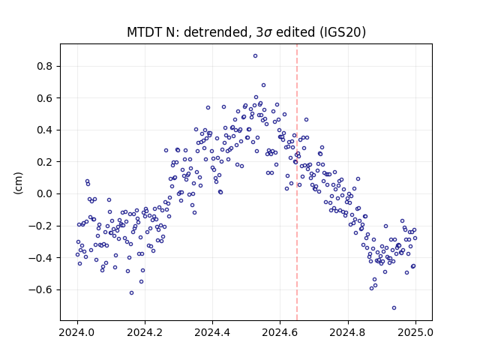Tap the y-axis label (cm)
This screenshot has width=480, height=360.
[18, 183]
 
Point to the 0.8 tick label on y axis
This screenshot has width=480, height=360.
[45, 66]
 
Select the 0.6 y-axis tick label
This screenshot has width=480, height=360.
[45, 98]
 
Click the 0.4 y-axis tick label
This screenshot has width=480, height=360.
[45, 130]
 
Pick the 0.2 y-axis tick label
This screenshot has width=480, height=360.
[45, 162]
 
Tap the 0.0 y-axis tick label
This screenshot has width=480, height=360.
[45, 193]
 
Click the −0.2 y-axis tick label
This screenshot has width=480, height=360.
[40, 226]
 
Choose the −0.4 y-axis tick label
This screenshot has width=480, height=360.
[40, 258]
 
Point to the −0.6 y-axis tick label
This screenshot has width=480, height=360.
[40, 289]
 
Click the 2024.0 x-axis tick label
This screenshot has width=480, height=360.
[77, 332]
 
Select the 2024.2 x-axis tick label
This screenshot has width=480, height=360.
[145, 332]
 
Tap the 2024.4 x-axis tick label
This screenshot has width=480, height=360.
[212, 332]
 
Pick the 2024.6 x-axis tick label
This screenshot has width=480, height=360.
[280, 332]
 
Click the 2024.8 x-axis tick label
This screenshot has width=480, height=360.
[348, 332]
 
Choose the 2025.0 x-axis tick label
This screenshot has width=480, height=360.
[415, 332]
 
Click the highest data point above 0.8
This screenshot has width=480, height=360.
[255, 56]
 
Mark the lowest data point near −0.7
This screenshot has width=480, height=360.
[394, 308]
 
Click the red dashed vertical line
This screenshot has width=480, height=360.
[297, 182]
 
